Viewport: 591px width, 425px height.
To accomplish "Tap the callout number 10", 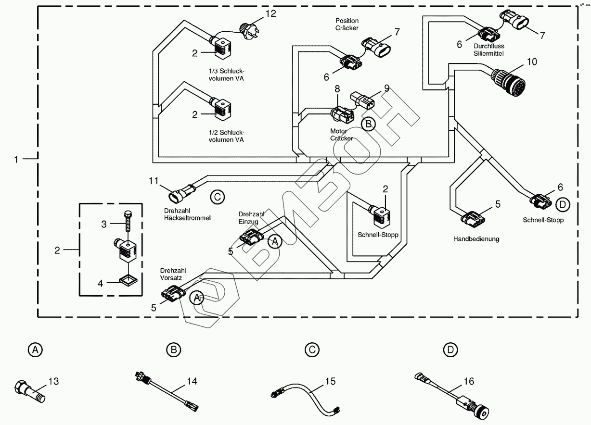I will click(x=531, y=62).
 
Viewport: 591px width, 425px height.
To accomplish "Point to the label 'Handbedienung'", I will click(x=476, y=239).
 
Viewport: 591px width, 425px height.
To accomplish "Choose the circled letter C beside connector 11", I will click(x=217, y=197).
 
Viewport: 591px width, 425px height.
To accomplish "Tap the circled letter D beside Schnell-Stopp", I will click(x=563, y=205).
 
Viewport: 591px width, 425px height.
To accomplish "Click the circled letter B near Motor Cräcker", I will click(x=368, y=124).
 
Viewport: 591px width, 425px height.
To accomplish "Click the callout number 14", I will click(x=192, y=381).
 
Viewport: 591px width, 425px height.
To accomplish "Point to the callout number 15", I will click(x=330, y=381).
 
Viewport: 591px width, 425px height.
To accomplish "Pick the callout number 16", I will click(x=469, y=381).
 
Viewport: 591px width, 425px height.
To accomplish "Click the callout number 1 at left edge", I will click(x=16, y=159).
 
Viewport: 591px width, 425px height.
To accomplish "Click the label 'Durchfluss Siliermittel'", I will click(x=488, y=50).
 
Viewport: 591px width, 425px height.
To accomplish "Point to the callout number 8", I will click(x=337, y=88).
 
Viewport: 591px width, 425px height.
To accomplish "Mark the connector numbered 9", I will click(x=364, y=100).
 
